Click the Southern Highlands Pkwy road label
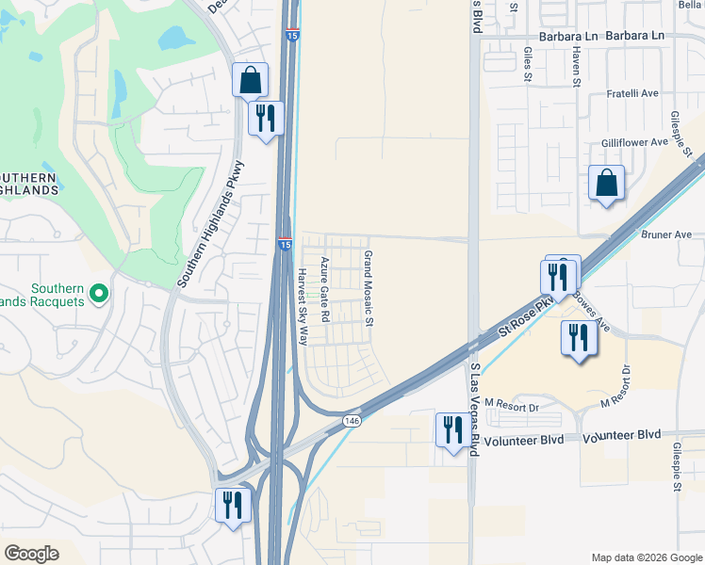click(x=210, y=224)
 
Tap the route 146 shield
click(x=352, y=420)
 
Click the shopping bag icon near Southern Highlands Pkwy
click(x=250, y=81)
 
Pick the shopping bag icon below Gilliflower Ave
click(x=606, y=183)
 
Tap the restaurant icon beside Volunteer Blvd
click(x=451, y=429)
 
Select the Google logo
click(x=31, y=554)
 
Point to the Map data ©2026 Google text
click(x=646, y=557)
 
